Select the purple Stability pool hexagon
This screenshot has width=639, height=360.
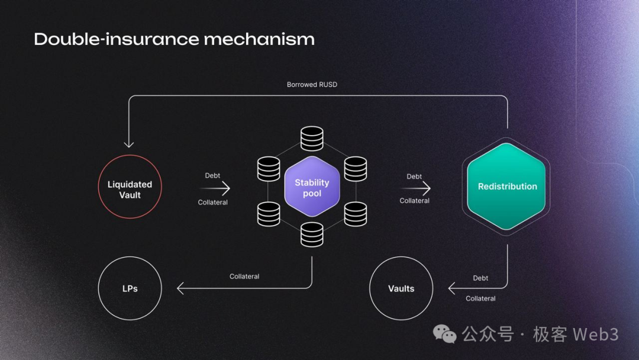[x=312, y=187]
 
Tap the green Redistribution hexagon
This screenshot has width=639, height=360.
[x=507, y=187]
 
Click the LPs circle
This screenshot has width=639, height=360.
[x=130, y=288]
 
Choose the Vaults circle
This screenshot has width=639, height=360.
[x=401, y=288]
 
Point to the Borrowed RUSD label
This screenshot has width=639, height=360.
[x=312, y=85]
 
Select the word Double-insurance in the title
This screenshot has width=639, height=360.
[x=116, y=39]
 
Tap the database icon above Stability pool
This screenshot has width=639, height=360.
[x=312, y=139]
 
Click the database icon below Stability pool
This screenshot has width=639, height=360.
[x=312, y=234]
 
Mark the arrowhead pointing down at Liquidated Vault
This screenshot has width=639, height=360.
[x=129, y=144]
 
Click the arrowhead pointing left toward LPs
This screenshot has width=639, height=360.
[x=180, y=288]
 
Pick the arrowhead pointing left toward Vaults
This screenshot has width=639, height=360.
[x=451, y=288]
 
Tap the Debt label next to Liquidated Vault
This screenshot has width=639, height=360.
[x=212, y=176]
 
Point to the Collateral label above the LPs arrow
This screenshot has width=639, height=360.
[x=244, y=277]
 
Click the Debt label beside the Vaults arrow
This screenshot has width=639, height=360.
[x=480, y=278]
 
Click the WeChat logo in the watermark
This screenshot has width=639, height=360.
[x=445, y=335]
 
